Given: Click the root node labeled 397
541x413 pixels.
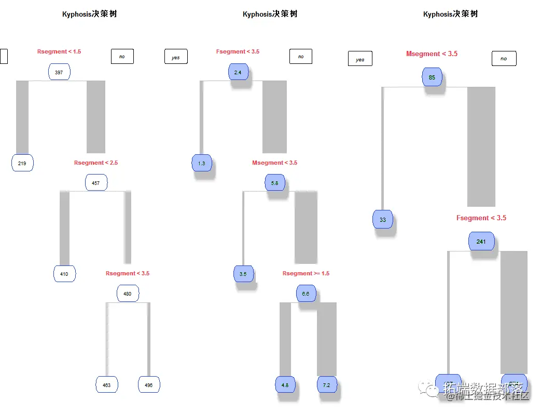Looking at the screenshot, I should tap(59, 72).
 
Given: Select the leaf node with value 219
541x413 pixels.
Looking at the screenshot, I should tap(22, 163).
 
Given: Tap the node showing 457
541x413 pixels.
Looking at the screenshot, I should tap(96, 183).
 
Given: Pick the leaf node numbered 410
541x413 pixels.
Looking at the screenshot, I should tap(64, 274).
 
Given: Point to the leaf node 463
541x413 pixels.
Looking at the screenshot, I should tap(106, 385).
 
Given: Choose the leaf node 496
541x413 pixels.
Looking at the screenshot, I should tap(149, 385).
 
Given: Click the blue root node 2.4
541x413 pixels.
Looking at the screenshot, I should tap(238, 72).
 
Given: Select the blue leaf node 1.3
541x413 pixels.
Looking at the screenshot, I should tap(202, 163).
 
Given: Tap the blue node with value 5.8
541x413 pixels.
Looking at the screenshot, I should tap(275, 183).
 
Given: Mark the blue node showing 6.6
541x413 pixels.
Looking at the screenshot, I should tap(306, 294).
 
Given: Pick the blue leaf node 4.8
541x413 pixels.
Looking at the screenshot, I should tap(285, 385).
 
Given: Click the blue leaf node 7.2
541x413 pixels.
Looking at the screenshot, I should tap(327, 385).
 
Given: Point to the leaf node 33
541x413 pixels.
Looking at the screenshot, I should tap(383, 220).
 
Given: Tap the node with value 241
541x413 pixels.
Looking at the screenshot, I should tap(481, 242).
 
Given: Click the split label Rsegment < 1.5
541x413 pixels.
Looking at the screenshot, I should tap(59, 51).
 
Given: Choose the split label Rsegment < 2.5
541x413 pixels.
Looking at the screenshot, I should tap(96, 163).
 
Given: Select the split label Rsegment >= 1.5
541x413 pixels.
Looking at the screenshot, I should tap(306, 273).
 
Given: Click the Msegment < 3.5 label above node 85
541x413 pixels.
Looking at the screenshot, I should tap(432, 54).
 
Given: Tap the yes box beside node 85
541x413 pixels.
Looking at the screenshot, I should tap(360, 59).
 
